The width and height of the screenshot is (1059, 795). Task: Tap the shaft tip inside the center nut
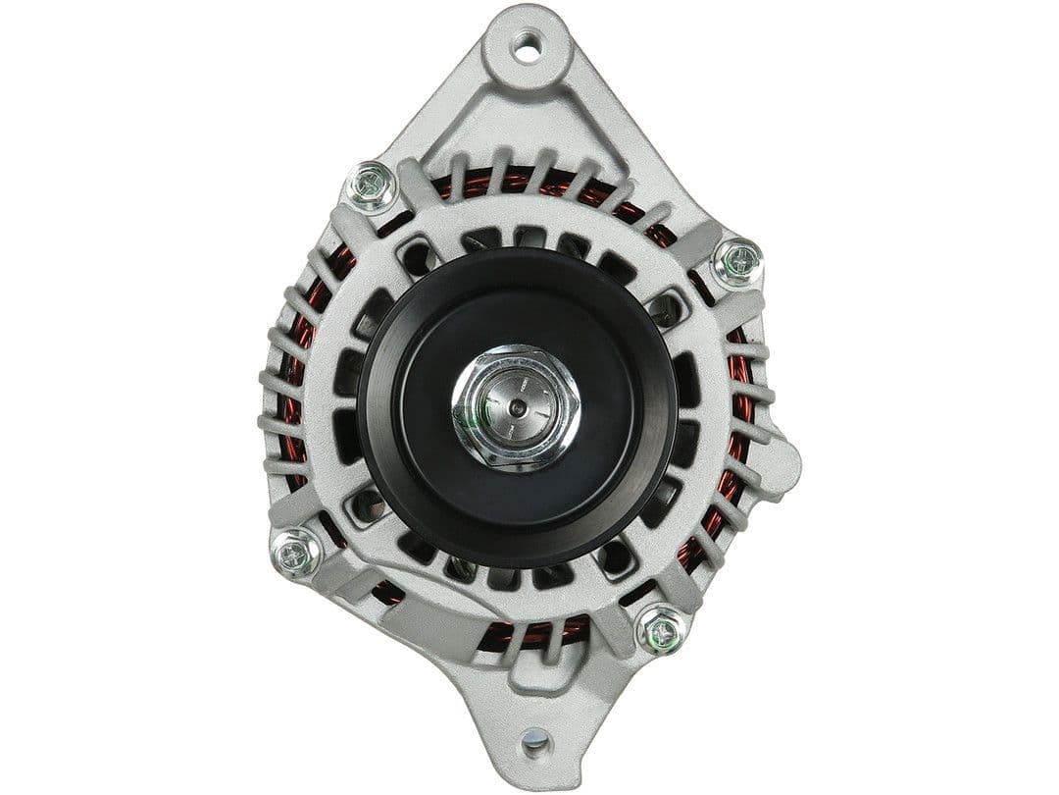[517, 405]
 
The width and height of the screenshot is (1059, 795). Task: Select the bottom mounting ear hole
[535, 741]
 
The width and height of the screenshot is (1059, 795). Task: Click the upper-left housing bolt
[373, 186]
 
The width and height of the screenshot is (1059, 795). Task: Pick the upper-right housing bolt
[737, 262]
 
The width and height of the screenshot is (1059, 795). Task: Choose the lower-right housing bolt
[662, 629]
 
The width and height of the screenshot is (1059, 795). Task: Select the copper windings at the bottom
[529, 633]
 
